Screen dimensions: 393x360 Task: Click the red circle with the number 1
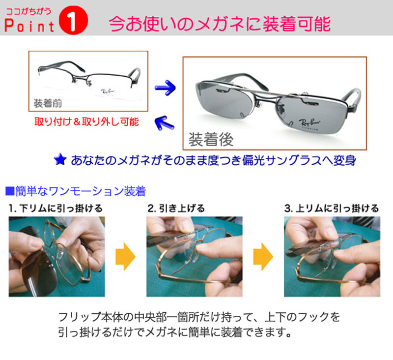point(73,20)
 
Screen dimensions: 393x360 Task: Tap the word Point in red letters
point(29,26)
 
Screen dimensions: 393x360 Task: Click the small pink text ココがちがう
point(28,11)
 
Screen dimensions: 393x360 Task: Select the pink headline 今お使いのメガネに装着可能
point(220,24)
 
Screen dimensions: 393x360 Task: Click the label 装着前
point(48,103)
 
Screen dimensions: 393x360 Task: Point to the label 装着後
point(211,140)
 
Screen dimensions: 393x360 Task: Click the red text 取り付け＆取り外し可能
point(86,121)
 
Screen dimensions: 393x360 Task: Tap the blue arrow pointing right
point(165,88)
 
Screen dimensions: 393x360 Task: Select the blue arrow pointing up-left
point(165,122)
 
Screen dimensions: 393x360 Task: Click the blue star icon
point(60,159)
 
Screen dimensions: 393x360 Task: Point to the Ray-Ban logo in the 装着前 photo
point(108,92)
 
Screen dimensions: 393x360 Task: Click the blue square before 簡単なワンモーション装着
point(10,191)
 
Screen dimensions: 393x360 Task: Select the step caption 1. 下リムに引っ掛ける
point(56,208)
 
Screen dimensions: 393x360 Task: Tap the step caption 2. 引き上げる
point(176,208)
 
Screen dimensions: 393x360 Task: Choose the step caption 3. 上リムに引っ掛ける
point(331,208)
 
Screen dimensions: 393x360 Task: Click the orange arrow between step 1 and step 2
point(125,256)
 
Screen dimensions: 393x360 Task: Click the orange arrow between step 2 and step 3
point(263,256)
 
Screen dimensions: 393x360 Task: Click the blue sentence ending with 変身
point(213,160)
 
